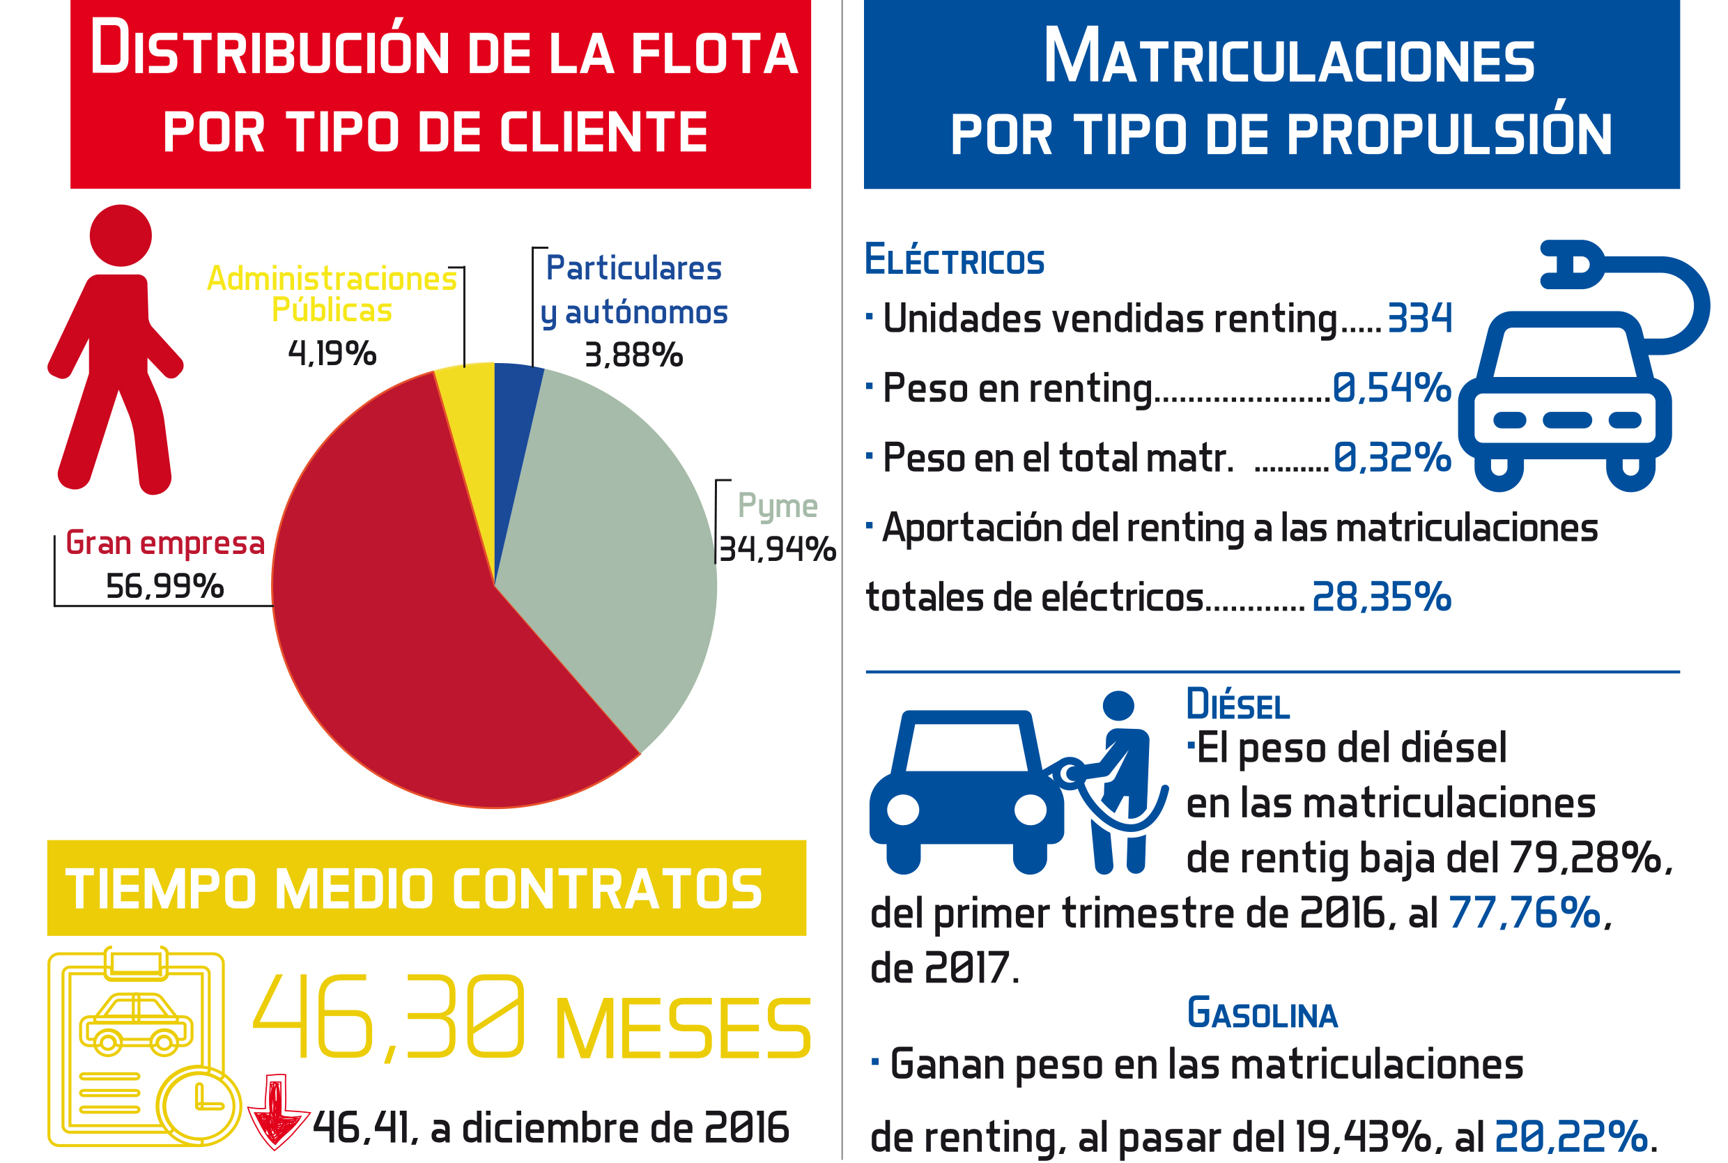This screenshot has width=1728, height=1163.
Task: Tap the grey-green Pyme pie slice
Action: pyautogui.click(x=615, y=534)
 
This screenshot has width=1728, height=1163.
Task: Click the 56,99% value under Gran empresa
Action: pyautogui.click(x=164, y=587)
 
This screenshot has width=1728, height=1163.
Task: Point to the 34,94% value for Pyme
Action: pyautogui.click(x=777, y=550)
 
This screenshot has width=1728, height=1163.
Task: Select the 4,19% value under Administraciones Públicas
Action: pyautogui.click(x=332, y=353)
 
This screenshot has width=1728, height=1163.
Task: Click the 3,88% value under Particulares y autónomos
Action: pyautogui.click(x=633, y=355)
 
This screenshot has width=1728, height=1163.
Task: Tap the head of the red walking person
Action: pyautogui.click(x=121, y=235)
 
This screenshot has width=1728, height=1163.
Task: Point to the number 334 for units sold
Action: pyautogui.click(x=1419, y=319)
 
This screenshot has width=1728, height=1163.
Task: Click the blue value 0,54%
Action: pyautogui.click(x=1391, y=388)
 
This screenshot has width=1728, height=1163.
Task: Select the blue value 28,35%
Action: pyautogui.click(x=1381, y=597)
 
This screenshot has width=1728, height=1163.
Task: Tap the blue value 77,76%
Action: pyautogui.click(x=1523, y=913)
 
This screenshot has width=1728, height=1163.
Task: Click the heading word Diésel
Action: pyautogui.click(x=1237, y=704)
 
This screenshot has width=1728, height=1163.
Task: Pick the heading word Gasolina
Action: pyautogui.click(x=1262, y=1014)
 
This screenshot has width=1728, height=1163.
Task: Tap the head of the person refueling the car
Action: pyautogui.click(x=1118, y=705)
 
